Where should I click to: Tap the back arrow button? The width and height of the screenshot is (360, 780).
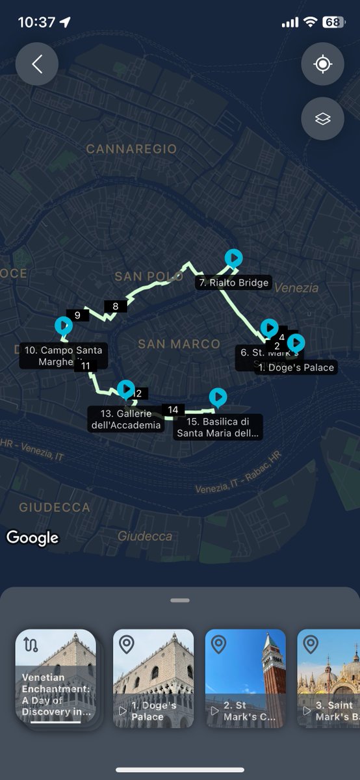(37, 64)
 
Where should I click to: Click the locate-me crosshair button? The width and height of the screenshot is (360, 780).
(322, 64)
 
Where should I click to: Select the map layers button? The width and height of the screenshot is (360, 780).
(322, 118)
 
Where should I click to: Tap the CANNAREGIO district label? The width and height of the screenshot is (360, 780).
(131, 149)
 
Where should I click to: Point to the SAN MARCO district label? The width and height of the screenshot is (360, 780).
(179, 344)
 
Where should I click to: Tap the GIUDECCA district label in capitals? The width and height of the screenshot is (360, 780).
(55, 507)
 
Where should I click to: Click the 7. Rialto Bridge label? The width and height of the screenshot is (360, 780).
(233, 283)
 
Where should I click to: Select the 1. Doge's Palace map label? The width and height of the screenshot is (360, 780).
(296, 367)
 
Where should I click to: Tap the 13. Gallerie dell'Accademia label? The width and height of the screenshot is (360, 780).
(126, 419)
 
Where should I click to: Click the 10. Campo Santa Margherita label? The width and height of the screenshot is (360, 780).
(62, 356)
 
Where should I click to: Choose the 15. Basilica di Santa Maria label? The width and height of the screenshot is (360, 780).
(218, 427)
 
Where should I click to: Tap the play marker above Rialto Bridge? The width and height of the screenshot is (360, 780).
(233, 258)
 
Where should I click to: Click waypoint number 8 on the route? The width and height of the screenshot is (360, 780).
(115, 307)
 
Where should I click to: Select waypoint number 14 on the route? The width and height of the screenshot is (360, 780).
(173, 409)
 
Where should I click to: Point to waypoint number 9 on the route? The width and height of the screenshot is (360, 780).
(77, 316)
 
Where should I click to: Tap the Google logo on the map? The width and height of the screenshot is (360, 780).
(32, 538)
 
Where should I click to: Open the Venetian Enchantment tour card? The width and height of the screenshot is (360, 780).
(56, 679)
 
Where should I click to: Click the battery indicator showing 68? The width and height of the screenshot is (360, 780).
(333, 22)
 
